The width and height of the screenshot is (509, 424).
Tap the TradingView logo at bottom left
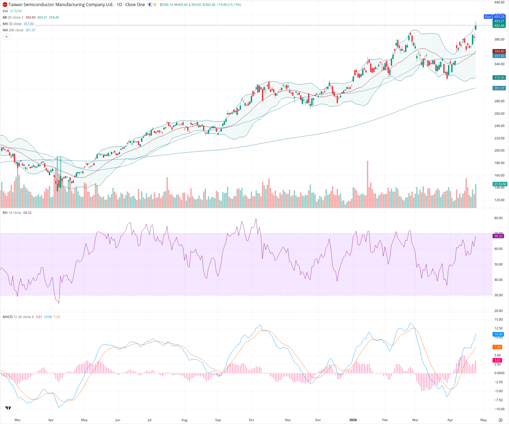[x=8, y=408]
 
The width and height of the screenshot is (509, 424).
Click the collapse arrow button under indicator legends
[x=6, y=37]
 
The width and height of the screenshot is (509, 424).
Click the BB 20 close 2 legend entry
[x=13, y=17]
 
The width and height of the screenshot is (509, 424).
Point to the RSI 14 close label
[x=12, y=213]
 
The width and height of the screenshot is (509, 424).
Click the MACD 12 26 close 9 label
[x=18, y=317]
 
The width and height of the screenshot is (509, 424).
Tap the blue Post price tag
[x=488, y=16]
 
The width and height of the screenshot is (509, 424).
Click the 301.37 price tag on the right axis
[x=499, y=88]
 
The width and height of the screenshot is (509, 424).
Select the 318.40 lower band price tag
[x=499, y=78]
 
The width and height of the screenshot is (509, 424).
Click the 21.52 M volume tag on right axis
[x=500, y=184]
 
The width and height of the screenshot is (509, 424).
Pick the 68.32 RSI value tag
[x=498, y=236]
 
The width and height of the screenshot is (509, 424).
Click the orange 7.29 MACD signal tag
[x=497, y=347]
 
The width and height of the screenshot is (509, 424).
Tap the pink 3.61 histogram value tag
[x=497, y=360]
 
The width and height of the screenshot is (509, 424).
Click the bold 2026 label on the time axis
[x=353, y=420]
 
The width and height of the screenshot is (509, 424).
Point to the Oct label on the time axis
[x=251, y=420]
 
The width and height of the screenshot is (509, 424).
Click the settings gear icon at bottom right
[x=501, y=420]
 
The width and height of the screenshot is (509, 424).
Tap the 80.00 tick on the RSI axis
[x=498, y=218]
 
